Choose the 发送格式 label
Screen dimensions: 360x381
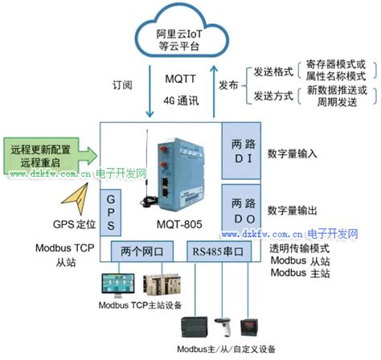click(265, 72)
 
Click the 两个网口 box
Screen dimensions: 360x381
click(144, 251)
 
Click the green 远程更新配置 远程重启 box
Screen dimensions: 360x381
click(44, 156)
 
